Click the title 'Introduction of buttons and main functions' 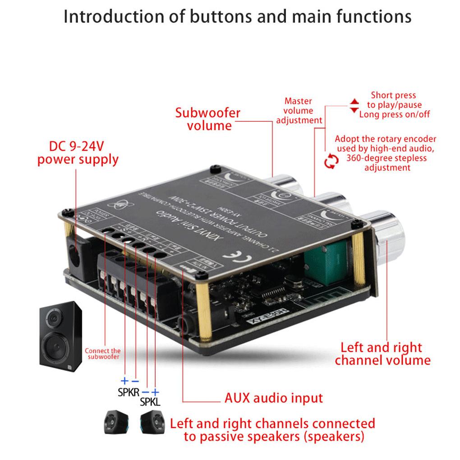click(x=237, y=17)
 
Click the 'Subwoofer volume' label click(x=208, y=119)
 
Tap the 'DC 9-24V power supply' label click(x=78, y=153)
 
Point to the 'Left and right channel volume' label click(x=382, y=354)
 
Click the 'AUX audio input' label click(x=274, y=398)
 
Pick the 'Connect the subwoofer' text click(x=103, y=354)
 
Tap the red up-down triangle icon click(x=354, y=106)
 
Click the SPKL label click(x=150, y=401)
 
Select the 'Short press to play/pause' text click(x=393, y=100)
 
